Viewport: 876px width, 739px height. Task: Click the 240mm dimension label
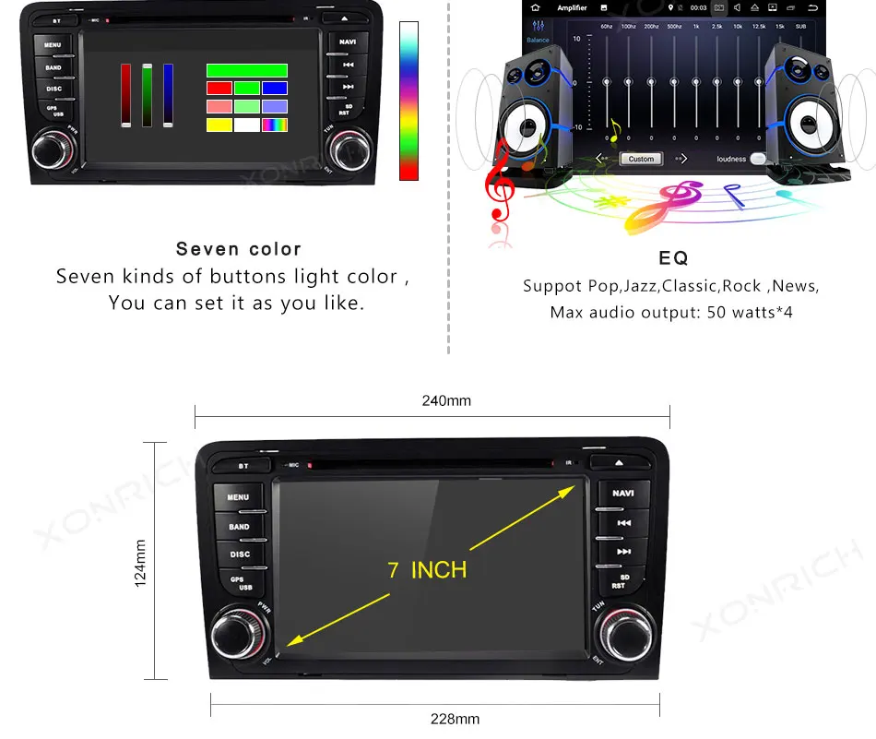tap(446, 401)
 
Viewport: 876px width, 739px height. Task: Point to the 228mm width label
tap(455, 719)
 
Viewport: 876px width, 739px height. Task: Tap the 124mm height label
tap(140, 563)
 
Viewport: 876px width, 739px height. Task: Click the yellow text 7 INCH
tap(427, 569)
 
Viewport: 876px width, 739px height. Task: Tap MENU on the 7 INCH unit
tap(238, 497)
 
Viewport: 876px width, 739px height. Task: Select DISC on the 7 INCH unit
tap(240, 554)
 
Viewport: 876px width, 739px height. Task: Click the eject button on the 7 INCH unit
tap(618, 463)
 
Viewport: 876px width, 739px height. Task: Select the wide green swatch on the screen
tap(246, 70)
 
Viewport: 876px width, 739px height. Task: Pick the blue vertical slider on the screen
tap(168, 95)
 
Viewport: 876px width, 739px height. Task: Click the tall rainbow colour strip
tap(408, 101)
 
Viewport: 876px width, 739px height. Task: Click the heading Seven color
tap(239, 249)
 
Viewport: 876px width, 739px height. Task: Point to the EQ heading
tap(673, 258)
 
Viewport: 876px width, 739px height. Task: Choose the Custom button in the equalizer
tap(641, 159)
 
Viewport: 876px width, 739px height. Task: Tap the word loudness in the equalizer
tap(731, 159)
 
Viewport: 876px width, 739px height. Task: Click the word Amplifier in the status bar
tap(572, 8)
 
